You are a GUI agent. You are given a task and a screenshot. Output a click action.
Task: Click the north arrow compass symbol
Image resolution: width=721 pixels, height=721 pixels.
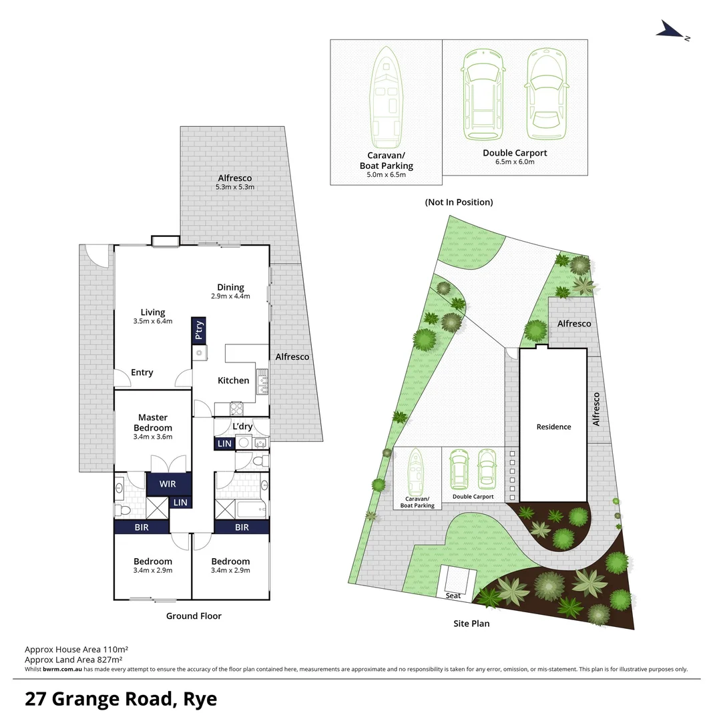point(672,29)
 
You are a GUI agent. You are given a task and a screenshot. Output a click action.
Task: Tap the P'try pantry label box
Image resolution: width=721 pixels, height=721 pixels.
point(198,331)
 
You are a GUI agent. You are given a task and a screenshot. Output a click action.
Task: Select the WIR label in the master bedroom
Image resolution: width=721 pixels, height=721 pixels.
point(168,484)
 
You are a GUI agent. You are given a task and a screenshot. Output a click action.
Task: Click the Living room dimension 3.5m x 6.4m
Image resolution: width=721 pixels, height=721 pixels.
point(152,321)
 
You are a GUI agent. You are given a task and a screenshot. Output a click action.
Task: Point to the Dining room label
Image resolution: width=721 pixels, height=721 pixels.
point(230,287)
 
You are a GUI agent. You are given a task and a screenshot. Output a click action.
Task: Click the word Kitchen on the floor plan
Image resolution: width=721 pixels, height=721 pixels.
point(233,381)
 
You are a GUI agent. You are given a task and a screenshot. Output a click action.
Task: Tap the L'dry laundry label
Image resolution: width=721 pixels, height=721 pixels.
point(241,426)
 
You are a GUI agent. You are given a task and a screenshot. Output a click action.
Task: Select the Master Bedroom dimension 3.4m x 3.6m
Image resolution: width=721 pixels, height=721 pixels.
point(153,437)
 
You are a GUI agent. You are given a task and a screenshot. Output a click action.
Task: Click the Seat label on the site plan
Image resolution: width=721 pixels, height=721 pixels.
point(453,595)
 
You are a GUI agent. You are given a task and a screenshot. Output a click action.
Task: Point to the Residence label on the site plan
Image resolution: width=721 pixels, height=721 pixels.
point(553,427)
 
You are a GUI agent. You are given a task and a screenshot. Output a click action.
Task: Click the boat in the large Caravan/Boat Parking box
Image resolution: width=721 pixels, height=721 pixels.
point(387,97)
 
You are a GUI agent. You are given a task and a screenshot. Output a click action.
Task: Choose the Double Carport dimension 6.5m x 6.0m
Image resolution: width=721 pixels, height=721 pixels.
point(514,162)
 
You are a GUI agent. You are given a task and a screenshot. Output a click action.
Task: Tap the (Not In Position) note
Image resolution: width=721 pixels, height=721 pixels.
point(459,202)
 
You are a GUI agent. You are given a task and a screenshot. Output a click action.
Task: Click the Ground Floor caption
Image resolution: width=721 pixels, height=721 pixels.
point(194,616)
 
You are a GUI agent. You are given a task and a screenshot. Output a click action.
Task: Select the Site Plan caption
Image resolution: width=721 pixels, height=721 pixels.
point(471,624)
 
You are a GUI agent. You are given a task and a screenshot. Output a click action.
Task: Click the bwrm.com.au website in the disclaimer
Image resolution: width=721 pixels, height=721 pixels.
point(63,669)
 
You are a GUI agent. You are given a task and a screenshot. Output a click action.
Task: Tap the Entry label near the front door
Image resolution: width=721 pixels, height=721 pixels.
point(142,373)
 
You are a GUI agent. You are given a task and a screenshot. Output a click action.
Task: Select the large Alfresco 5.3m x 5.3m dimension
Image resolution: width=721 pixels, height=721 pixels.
point(236,188)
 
